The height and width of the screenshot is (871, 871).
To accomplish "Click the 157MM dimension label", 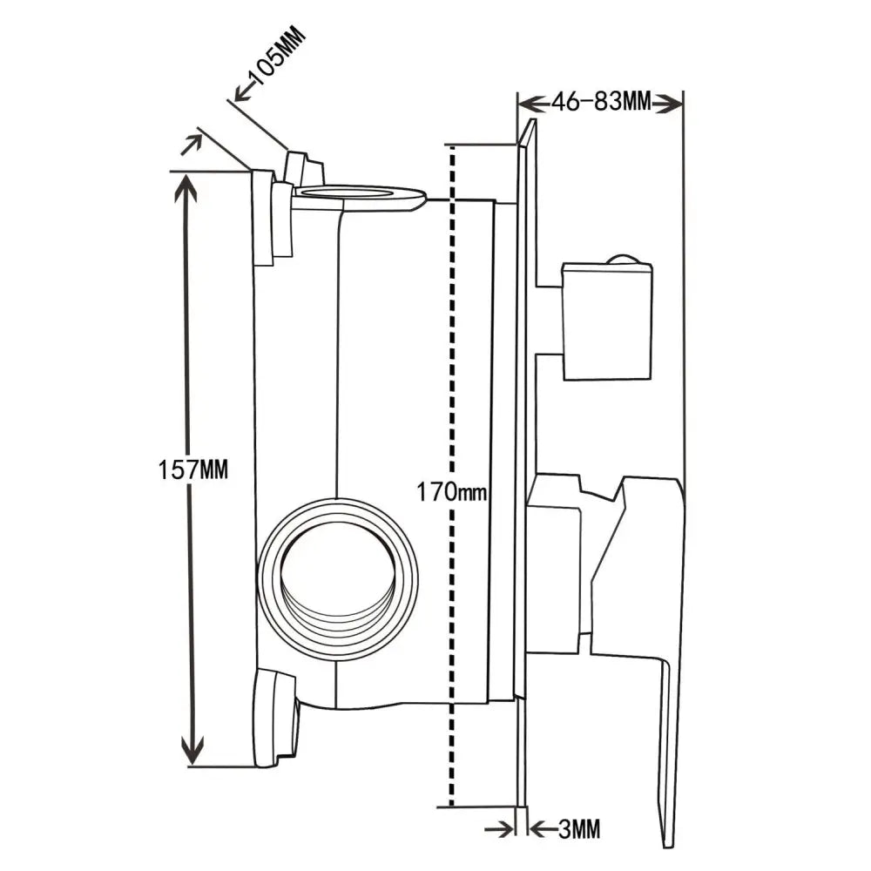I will (x=192, y=470).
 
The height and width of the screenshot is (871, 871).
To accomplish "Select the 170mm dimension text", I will (x=450, y=493).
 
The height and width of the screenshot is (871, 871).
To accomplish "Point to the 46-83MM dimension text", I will (x=601, y=103).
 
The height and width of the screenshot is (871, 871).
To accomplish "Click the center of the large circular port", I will (x=338, y=579).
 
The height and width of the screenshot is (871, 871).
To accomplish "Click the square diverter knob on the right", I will (x=607, y=321).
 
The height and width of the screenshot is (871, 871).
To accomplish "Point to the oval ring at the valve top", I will (x=359, y=195).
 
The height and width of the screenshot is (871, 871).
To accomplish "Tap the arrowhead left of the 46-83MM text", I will (x=530, y=104).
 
